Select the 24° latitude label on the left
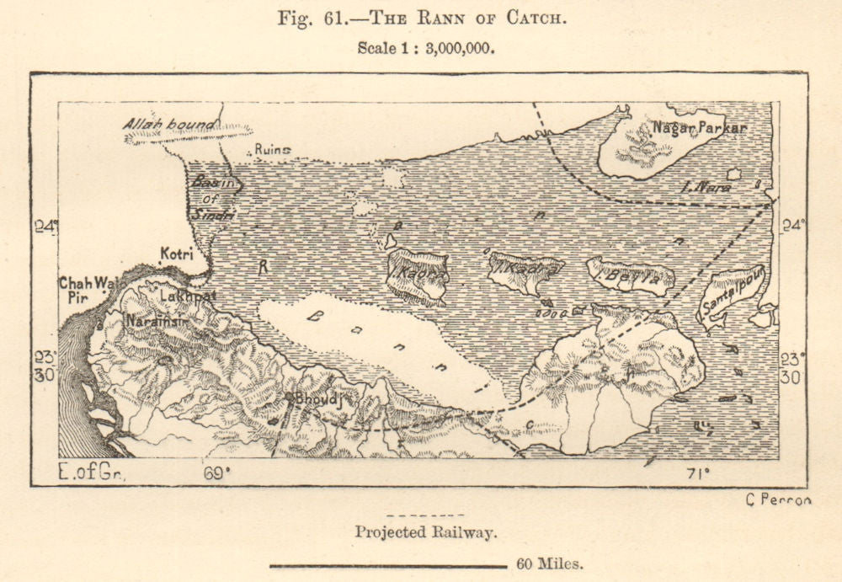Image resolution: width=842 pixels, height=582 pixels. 46,226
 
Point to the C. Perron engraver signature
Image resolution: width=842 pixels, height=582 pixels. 778,499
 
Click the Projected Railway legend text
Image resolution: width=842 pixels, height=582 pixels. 424,531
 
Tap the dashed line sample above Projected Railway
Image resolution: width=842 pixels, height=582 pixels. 424,515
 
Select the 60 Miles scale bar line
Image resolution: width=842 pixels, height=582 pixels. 387,565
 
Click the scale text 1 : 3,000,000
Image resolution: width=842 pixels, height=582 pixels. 425,48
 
